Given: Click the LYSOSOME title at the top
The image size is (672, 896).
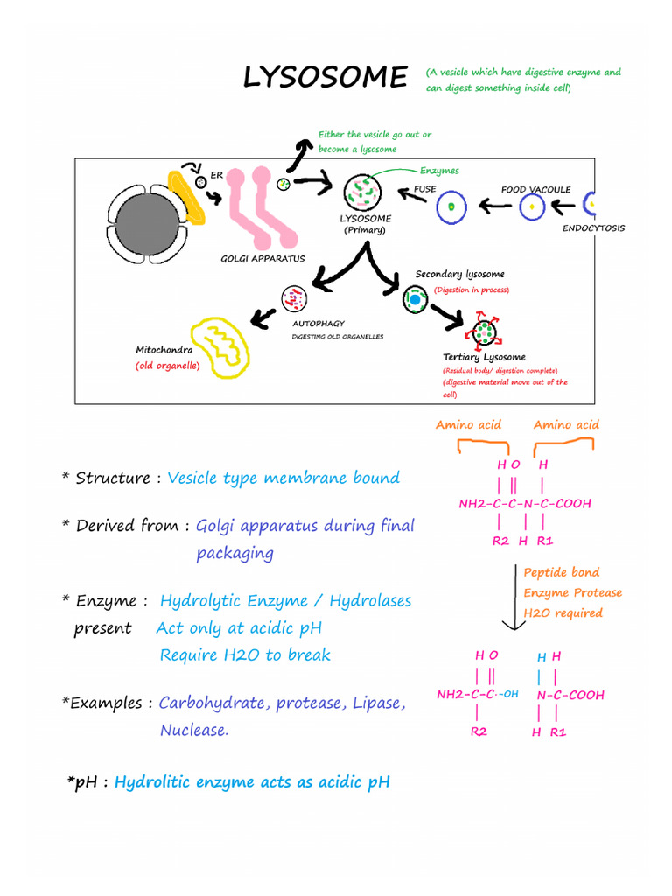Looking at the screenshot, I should [x=325, y=78].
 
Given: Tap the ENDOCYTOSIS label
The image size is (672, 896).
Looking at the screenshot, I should [x=593, y=228].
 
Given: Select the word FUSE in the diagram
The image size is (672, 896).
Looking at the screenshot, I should [x=424, y=189].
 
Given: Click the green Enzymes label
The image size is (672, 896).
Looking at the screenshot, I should [x=439, y=171].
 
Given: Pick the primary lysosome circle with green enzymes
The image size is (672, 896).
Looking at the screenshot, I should [x=362, y=192].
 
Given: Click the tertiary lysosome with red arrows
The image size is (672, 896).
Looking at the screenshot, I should [x=483, y=332].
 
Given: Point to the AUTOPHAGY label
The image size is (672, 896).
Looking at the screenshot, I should [x=318, y=324].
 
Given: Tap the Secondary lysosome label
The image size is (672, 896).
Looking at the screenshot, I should [x=459, y=275].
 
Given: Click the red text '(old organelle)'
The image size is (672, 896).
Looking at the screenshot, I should [x=167, y=366].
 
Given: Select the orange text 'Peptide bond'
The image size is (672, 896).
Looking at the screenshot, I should [x=562, y=572].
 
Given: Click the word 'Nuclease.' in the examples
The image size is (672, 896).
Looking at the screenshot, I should [x=194, y=730].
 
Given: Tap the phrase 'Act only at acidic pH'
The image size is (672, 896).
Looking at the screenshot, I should [x=239, y=628].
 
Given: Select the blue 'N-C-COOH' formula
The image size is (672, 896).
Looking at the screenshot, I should [x=570, y=695].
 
